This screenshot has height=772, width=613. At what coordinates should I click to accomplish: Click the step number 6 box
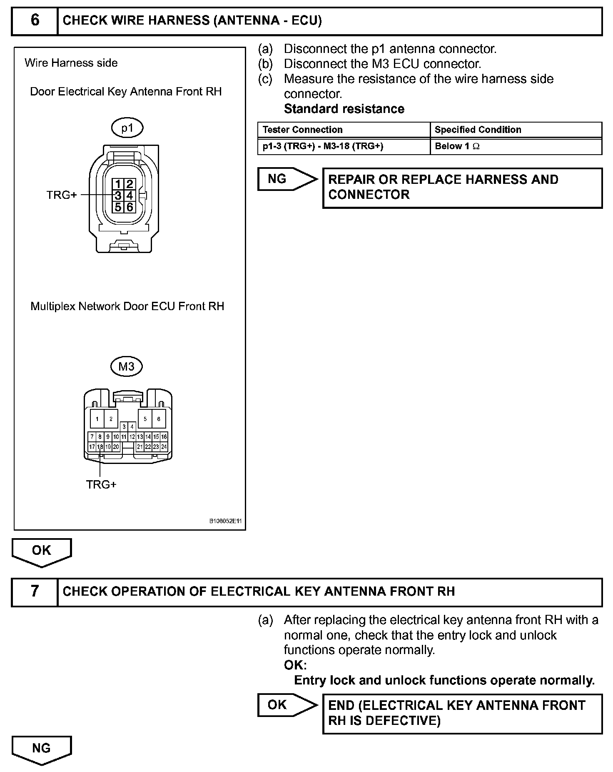point(35,20)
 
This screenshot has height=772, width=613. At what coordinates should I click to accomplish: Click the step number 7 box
point(35,592)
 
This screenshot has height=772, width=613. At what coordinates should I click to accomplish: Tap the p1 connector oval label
point(127,128)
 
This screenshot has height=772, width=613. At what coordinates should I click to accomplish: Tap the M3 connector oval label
point(127,366)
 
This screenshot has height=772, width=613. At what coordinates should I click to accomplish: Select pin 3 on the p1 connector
point(118,195)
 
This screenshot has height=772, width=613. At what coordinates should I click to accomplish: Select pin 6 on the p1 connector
point(130,207)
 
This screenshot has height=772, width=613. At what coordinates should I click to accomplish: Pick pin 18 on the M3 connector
point(100,447)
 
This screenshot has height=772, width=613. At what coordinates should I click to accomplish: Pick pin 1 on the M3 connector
point(97,419)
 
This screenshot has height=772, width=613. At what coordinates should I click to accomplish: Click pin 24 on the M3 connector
point(164,447)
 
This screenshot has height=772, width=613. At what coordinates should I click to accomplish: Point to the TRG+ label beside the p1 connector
point(62,195)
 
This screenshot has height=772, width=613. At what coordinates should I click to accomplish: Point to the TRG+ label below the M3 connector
point(101,484)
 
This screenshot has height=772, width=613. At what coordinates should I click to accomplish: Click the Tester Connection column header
point(303,130)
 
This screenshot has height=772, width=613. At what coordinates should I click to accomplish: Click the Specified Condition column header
point(478,130)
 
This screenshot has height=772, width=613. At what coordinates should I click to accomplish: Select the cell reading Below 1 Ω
point(457,146)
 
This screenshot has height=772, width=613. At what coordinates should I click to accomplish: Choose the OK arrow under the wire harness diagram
point(42,551)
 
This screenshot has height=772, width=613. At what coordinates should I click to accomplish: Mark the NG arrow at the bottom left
point(42,748)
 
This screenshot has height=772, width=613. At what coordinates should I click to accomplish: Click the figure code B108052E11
point(225,521)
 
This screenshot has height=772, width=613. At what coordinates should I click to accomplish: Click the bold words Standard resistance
point(344,109)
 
